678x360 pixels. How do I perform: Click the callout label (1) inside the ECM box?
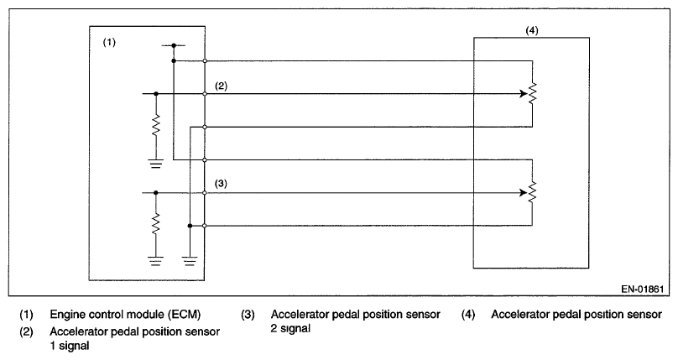(109, 42)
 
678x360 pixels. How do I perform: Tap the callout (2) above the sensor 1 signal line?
(222, 86)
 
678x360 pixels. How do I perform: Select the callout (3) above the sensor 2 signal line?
(222, 183)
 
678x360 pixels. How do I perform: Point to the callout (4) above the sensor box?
(530, 30)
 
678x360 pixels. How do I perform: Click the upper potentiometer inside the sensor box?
(532, 93)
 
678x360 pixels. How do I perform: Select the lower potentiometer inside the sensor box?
(532, 193)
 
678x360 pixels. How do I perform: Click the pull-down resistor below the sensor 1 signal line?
(156, 127)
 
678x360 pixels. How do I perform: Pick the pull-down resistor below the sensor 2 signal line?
(156, 225)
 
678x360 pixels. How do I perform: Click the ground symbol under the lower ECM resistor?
(156, 260)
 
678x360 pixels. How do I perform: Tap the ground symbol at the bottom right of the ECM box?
(190, 260)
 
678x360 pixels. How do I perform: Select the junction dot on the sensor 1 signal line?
(156, 94)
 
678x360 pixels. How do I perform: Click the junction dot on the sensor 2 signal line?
(156, 193)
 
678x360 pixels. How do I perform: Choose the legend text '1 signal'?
(70, 344)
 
